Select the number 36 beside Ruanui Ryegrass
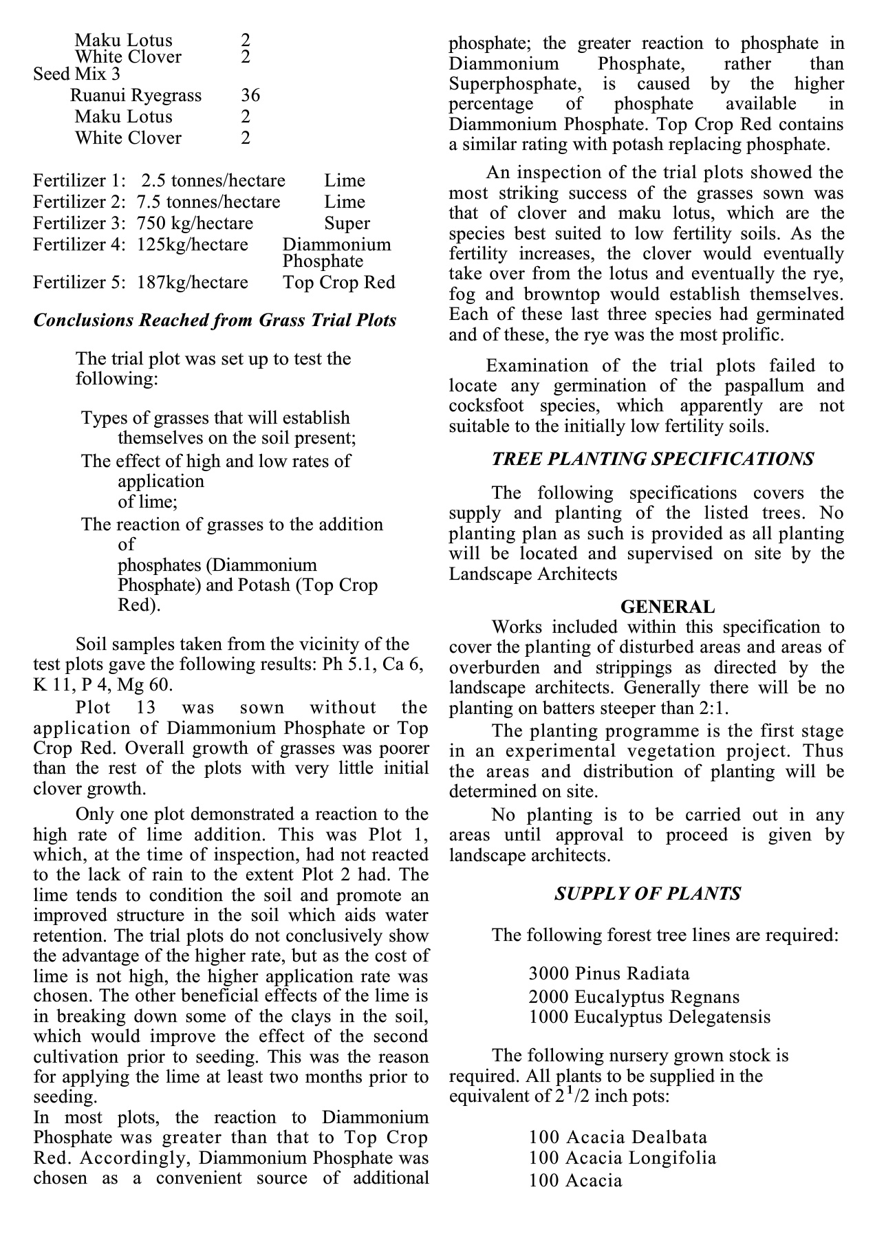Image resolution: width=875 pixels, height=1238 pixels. point(250,95)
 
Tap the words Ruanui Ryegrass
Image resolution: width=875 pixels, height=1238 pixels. point(136,95)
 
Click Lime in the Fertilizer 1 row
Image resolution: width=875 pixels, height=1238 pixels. point(345,181)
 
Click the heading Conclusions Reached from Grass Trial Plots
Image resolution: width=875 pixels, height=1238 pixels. point(215,321)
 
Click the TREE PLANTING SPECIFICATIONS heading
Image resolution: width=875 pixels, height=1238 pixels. point(653,459)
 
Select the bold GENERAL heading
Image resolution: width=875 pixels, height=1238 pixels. point(667,607)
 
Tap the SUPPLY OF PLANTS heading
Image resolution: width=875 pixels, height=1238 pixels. point(647,893)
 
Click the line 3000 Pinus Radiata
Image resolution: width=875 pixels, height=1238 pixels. point(609,974)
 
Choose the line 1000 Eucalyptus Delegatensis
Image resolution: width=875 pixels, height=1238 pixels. point(649,1017)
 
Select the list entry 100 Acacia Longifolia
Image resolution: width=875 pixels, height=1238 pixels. point(623,1158)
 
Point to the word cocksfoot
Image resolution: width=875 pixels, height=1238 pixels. point(486,406)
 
